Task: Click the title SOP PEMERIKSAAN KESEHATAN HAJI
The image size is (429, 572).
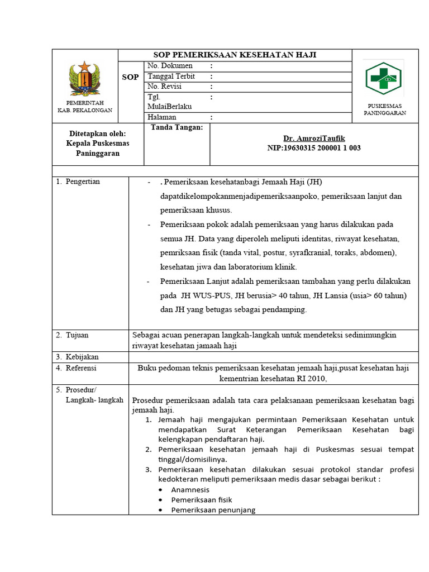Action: [x=235, y=55]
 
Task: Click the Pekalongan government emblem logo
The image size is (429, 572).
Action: [x=85, y=80]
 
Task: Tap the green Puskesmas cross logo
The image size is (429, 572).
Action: [x=384, y=78]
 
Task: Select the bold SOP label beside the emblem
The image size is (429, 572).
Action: [x=130, y=77]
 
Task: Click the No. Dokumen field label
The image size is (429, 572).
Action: [x=170, y=66]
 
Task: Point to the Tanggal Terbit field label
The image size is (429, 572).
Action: [x=171, y=77]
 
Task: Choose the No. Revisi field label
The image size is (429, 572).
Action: [x=165, y=87]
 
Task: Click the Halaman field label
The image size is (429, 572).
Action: [x=162, y=117]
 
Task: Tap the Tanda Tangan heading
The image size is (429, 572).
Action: [x=177, y=127]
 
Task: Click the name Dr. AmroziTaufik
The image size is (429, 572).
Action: [x=314, y=139]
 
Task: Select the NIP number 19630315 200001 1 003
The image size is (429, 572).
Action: [x=314, y=148]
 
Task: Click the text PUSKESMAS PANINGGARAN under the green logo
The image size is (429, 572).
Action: [x=385, y=109]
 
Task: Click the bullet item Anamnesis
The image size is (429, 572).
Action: [x=190, y=489]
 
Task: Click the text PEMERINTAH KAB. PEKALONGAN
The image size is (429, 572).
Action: [x=85, y=107]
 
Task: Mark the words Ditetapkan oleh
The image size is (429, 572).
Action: [x=97, y=134]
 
